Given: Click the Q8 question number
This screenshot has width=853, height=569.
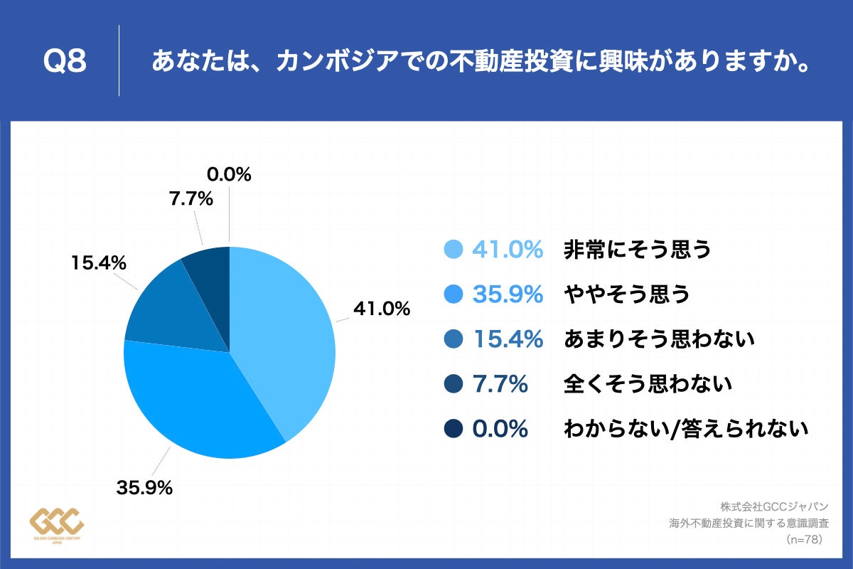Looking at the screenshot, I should pyautogui.click(x=65, y=62).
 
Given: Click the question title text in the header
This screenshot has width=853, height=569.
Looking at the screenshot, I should pyautogui.click(x=481, y=62).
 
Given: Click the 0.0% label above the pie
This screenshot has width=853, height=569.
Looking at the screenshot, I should pyautogui.click(x=229, y=174).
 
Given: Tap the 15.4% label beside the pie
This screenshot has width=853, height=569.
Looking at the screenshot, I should pyautogui.click(x=98, y=263).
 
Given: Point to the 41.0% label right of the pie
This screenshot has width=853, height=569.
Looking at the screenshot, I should pyautogui.click(x=382, y=309).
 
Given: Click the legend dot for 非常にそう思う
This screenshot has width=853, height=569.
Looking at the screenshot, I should pyautogui.click(x=453, y=250).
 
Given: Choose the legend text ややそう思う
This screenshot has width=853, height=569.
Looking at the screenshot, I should pyautogui.click(x=626, y=294).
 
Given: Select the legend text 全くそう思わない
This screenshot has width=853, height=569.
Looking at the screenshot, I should pyautogui.click(x=647, y=385).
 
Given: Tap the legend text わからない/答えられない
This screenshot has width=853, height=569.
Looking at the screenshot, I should pyautogui.click(x=685, y=430).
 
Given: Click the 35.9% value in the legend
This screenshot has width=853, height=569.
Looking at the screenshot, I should pyautogui.click(x=508, y=294).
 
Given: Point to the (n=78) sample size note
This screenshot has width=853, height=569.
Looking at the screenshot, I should pyautogui.click(x=804, y=540).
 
